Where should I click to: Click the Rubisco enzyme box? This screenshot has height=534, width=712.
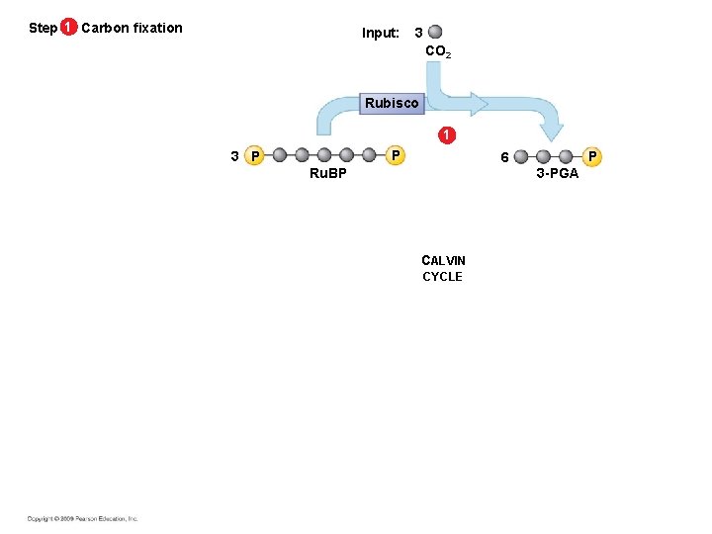(x=392, y=103)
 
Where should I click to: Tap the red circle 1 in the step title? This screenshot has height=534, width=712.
(x=67, y=28)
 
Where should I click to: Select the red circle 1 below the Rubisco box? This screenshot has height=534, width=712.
(x=448, y=134)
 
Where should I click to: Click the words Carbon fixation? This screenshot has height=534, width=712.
(x=132, y=28)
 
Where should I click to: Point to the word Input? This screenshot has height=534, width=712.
(x=380, y=33)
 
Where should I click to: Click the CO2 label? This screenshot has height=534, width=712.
(x=437, y=51)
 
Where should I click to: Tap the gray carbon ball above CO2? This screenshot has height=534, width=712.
(x=436, y=33)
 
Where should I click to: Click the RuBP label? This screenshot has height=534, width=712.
(x=327, y=173)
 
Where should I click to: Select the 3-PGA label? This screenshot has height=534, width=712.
(x=558, y=173)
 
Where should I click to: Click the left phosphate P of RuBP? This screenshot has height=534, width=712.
(x=255, y=156)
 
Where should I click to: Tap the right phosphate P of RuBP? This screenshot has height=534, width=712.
(x=394, y=155)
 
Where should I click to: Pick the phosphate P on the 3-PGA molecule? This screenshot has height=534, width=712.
(x=591, y=155)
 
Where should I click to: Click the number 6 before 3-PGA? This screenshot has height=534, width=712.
(x=504, y=157)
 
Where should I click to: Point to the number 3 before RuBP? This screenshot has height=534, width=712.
(x=233, y=156)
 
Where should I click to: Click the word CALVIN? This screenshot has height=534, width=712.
(x=443, y=261)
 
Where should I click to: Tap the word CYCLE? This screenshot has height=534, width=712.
(x=442, y=277)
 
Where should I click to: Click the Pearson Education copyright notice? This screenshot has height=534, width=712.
(x=82, y=518)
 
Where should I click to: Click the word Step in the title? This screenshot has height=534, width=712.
(x=43, y=28)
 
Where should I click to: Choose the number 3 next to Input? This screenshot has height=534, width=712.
(x=418, y=33)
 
